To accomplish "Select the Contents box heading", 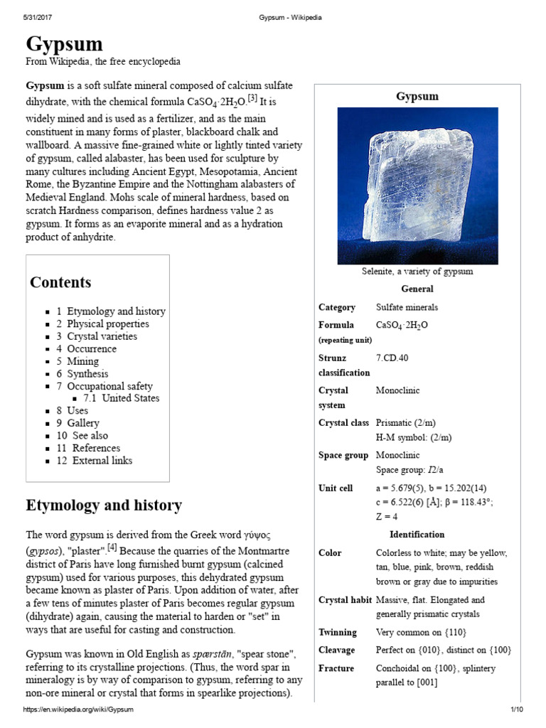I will (60, 282).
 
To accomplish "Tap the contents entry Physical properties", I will (108, 323).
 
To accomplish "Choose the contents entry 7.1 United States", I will (121, 398).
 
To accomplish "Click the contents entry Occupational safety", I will (109, 386).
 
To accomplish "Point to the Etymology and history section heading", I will (104, 505).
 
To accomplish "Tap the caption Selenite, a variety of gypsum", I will (417, 271).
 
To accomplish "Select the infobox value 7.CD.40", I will (392, 357).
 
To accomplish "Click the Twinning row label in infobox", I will (337, 632).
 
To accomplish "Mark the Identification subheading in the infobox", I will (417, 534).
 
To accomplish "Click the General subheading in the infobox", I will (417, 289).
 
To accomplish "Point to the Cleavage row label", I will (337, 650).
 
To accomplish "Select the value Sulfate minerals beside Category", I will (407, 307).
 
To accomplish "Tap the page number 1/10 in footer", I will (516, 710).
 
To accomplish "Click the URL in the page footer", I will (78, 710).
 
